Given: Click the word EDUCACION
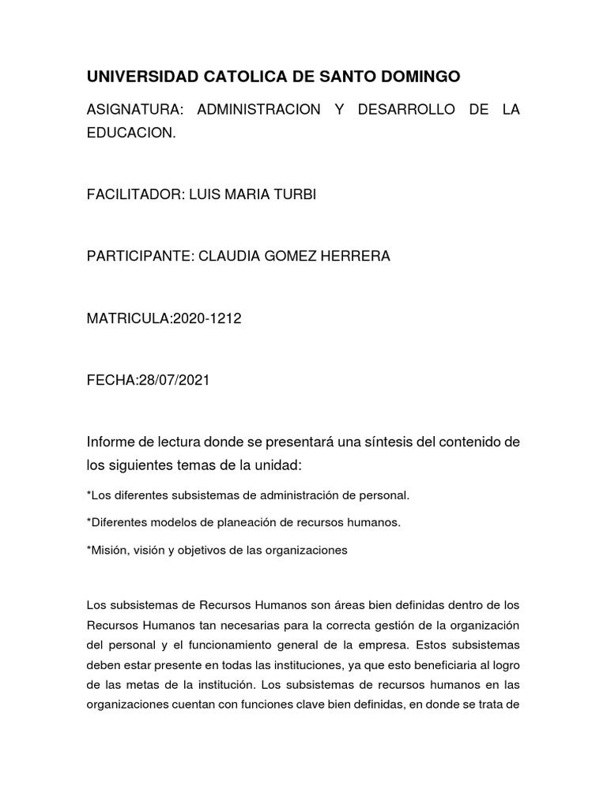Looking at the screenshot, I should (130, 133).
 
